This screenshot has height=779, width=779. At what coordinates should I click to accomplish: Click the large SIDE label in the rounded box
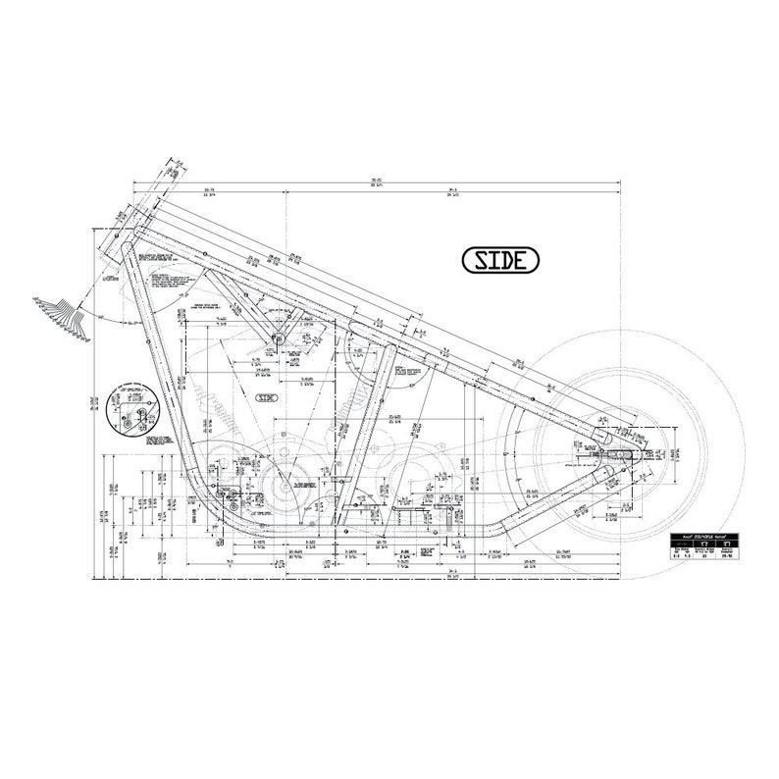(500, 259)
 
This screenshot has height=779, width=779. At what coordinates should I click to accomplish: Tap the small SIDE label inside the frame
(267, 397)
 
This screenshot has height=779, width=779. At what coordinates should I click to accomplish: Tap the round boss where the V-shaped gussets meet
(278, 339)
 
